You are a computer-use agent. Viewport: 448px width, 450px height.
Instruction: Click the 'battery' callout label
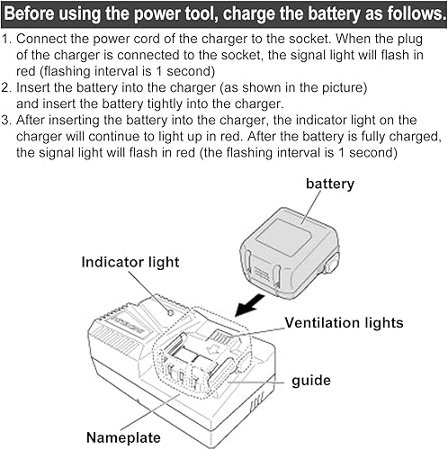pyautogui.click(x=329, y=184)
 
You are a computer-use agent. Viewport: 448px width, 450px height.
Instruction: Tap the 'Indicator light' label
pyautogui.click(x=130, y=262)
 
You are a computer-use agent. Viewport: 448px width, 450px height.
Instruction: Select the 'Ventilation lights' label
pyautogui.click(x=344, y=322)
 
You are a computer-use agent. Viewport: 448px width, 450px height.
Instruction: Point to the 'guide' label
pyautogui.click(x=311, y=381)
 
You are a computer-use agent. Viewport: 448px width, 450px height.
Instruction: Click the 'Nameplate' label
pyautogui.click(x=123, y=437)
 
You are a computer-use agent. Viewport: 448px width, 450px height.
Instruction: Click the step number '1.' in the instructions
pyautogui.click(x=8, y=40)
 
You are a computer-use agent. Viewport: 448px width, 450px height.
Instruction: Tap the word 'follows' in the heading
pyautogui.click(x=407, y=13)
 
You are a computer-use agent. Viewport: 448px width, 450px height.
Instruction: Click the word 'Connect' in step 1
pyautogui.click(x=42, y=40)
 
